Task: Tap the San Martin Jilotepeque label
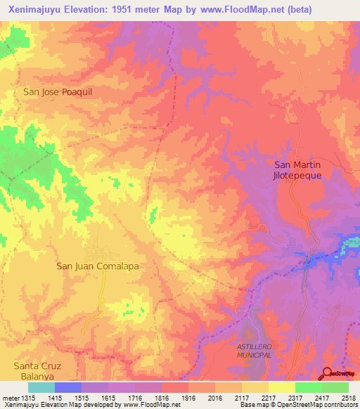point(297,170)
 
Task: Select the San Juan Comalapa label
point(98,266)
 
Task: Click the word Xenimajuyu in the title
point(34,9)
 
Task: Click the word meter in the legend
point(8,397)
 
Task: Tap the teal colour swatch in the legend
point(41,387)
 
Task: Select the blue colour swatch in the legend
point(67,387)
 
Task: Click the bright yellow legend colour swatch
point(281,387)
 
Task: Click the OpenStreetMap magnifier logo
point(326,375)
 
